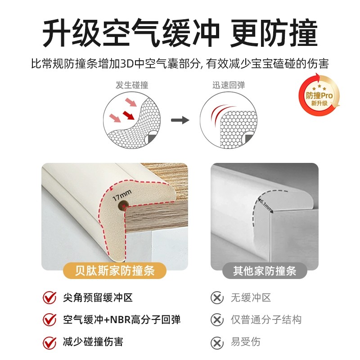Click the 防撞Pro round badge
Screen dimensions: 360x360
click(x=319, y=95)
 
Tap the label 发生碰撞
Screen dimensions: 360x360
click(x=132, y=85)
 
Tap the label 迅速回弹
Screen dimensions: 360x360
click(x=229, y=85)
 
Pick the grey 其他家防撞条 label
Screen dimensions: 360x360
click(x=265, y=271)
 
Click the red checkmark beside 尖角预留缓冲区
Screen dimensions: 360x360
click(x=49, y=298)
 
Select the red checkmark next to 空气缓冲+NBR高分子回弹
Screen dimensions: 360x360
click(x=49, y=320)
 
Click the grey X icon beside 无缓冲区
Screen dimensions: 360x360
click(x=217, y=298)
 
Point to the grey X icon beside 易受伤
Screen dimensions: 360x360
click(x=217, y=342)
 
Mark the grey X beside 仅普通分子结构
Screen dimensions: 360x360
click(x=217, y=320)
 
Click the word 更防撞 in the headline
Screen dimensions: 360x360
click(x=274, y=32)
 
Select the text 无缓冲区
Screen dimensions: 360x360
click(x=251, y=298)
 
